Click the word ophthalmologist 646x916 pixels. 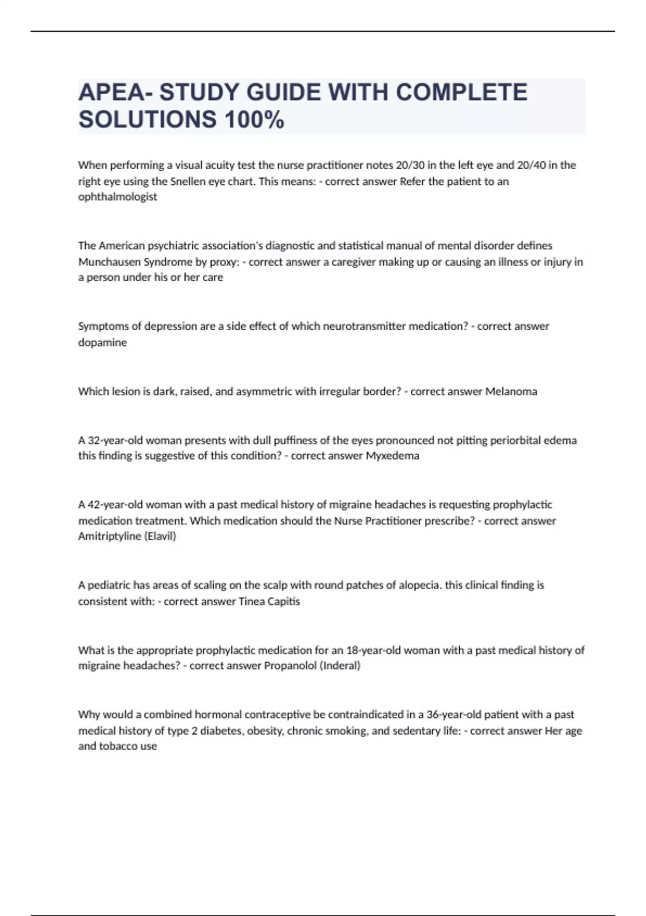tap(118, 197)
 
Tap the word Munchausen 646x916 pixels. tap(109, 262)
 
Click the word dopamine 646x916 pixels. tap(102, 342)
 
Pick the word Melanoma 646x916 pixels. tap(511, 391)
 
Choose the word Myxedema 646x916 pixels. tap(392, 456)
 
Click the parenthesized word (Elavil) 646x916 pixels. tap(160, 536)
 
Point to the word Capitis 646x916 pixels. tap(284, 601)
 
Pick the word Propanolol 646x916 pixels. tap(290, 665)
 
